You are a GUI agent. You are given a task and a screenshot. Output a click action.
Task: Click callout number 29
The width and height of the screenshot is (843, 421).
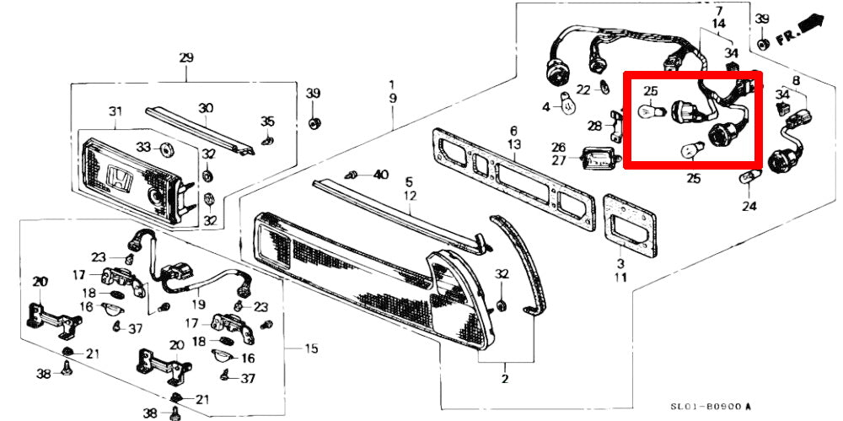click(186, 58)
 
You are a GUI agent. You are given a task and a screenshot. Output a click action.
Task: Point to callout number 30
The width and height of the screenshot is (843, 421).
click(206, 108)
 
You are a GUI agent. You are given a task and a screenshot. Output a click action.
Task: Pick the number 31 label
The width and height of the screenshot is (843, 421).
click(115, 112)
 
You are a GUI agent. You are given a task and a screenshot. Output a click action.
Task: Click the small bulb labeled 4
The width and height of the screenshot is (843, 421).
click(568, 105)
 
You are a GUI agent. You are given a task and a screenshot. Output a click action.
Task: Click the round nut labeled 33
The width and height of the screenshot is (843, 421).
click(165, 151)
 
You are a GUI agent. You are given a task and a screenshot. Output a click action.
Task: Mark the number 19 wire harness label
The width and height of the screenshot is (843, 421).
click(199, 305)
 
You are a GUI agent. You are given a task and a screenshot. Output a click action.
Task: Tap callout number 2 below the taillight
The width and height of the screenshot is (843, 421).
click(504, 379)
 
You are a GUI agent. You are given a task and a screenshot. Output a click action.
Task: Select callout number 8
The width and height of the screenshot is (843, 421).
click(795, 81)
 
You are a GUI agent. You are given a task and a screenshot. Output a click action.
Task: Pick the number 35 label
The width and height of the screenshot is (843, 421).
click(267, 121)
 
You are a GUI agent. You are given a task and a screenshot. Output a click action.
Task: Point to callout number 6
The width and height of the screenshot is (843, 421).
click(512, 131)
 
